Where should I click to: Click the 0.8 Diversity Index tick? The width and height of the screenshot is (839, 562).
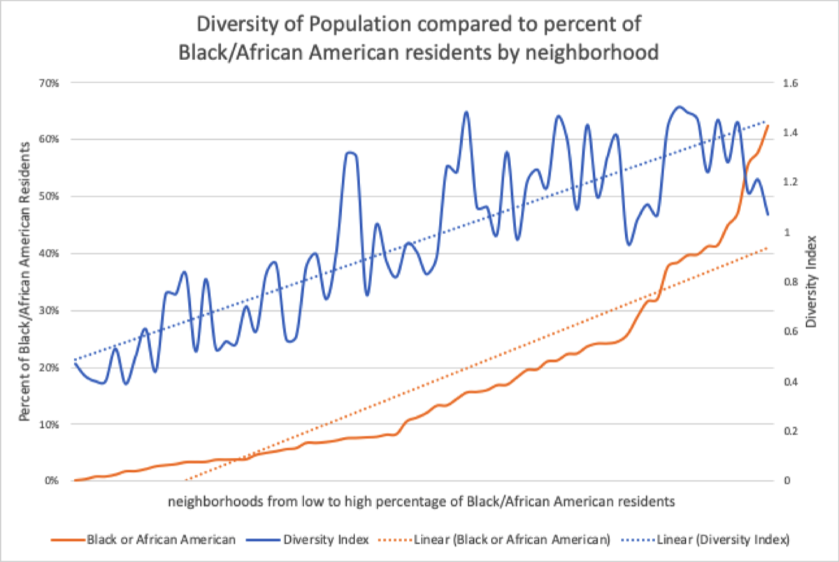tap(791, 282)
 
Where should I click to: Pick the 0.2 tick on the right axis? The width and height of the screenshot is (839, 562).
tap(791, 431)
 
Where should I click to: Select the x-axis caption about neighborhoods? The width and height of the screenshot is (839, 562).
tap(422, 501)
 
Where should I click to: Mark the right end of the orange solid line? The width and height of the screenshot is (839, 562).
tap(768, 125)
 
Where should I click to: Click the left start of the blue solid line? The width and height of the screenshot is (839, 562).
tap(74, 363)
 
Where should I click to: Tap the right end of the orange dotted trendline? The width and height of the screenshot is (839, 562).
tap(768, 247)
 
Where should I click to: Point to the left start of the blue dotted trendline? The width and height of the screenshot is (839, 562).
tap(74, 360)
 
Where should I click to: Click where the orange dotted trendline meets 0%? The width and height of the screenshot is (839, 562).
tap(186, 480)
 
